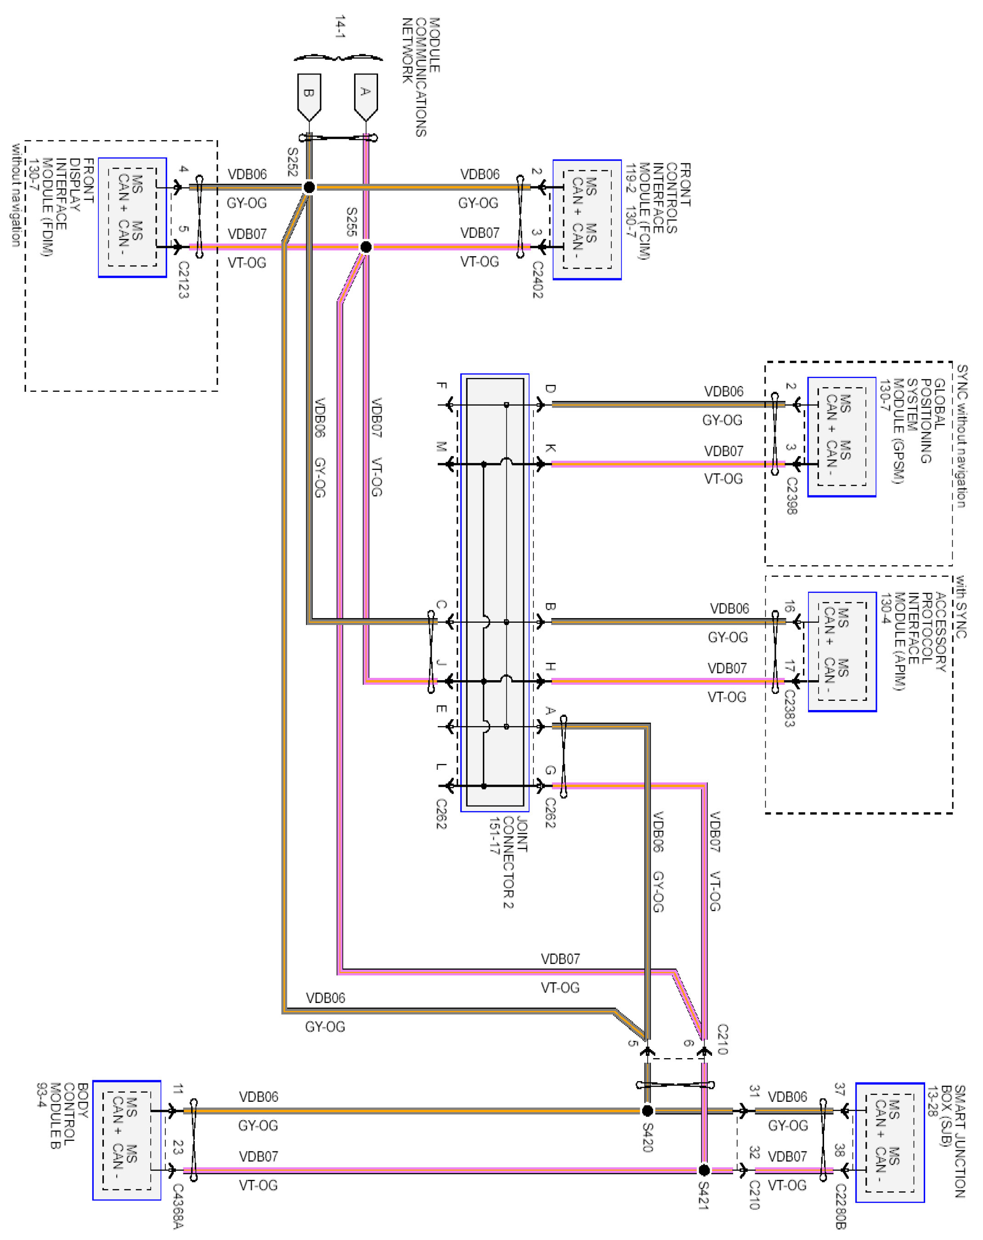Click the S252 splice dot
click(309, 187)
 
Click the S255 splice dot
click(366, 247)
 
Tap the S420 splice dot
click(647, 1110)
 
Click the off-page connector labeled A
click(366, 95)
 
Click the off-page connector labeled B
click(309, 95)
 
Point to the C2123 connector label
click(183, 280)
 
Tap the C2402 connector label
click(537, 280)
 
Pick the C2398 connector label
click(792, 496)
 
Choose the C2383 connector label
click(790, 708)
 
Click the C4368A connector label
click(178, 1206)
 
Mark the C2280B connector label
click(840, 1206)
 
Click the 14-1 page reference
click(340, 27)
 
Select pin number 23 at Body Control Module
click(178, 1147)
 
